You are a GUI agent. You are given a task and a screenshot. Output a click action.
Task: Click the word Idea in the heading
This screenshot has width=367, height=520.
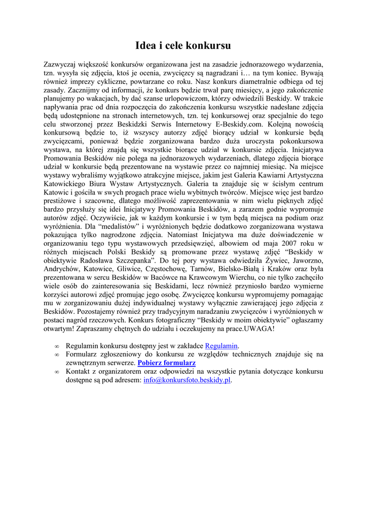145,46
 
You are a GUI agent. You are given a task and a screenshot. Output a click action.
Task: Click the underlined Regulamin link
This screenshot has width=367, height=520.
221,346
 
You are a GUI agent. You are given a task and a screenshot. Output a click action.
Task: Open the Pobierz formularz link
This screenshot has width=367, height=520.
166,363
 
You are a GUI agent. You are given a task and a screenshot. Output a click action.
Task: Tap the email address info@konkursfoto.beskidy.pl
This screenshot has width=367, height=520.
187,380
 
